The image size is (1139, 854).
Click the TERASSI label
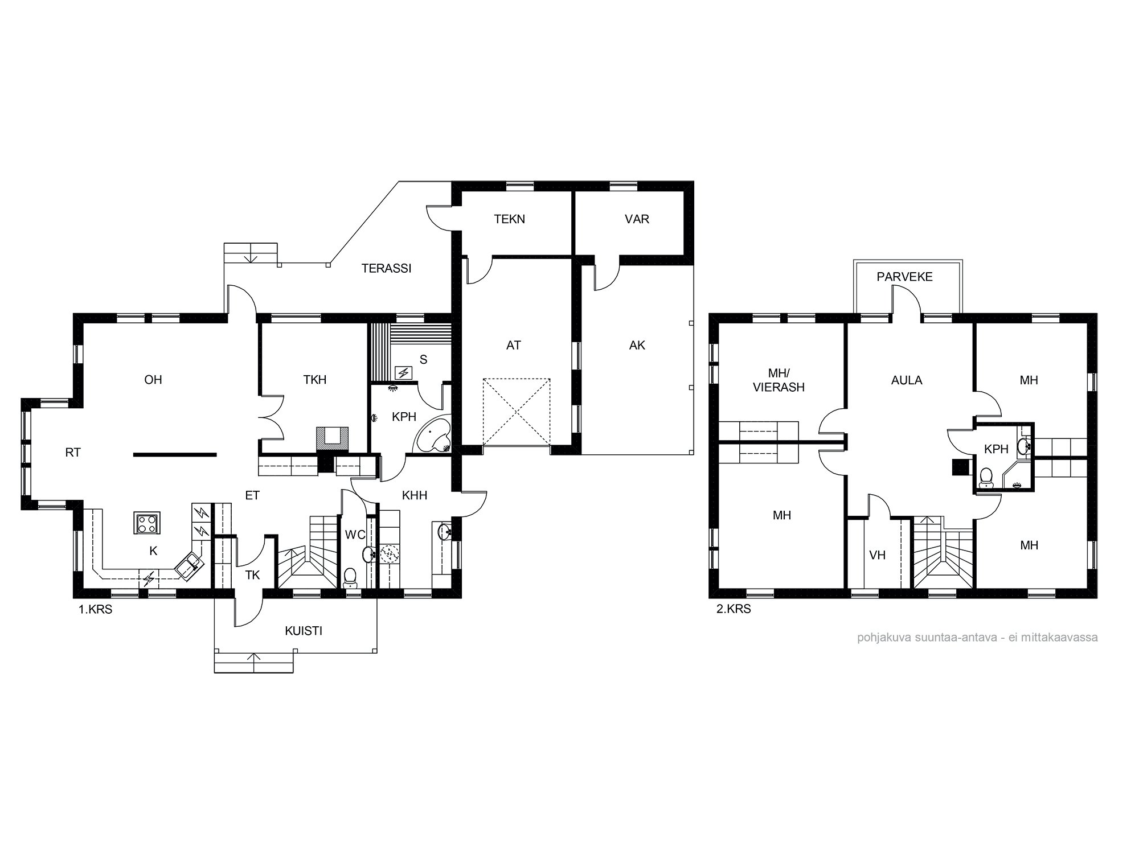click(x=386, y=268)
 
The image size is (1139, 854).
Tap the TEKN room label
click(x=509, y=219)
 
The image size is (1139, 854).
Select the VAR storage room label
click(x=636, y=219)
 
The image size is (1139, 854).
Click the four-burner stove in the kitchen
click(x=147, y=523)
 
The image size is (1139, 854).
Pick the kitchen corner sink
click(x=189, y=565)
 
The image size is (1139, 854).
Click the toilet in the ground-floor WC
click(x=350, y=577)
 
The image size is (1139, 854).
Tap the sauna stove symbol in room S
click(x=404, y=373)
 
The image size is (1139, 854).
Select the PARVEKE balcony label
click(x=904, y=277)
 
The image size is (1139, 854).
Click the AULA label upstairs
click(x=906, y=380)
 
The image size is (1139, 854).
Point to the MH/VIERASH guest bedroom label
click(x=779, y=380)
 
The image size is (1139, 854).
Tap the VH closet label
click(x=877, y=555)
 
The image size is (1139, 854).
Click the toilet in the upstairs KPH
click(x=986, y=478)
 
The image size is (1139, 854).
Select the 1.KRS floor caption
click(x=95, y=609)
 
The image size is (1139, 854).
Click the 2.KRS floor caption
click(x=734, y=609)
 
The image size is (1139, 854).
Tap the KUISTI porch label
click(x=303, y=631)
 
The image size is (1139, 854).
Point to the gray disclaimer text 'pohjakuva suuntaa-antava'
click(x=977, y=637)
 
